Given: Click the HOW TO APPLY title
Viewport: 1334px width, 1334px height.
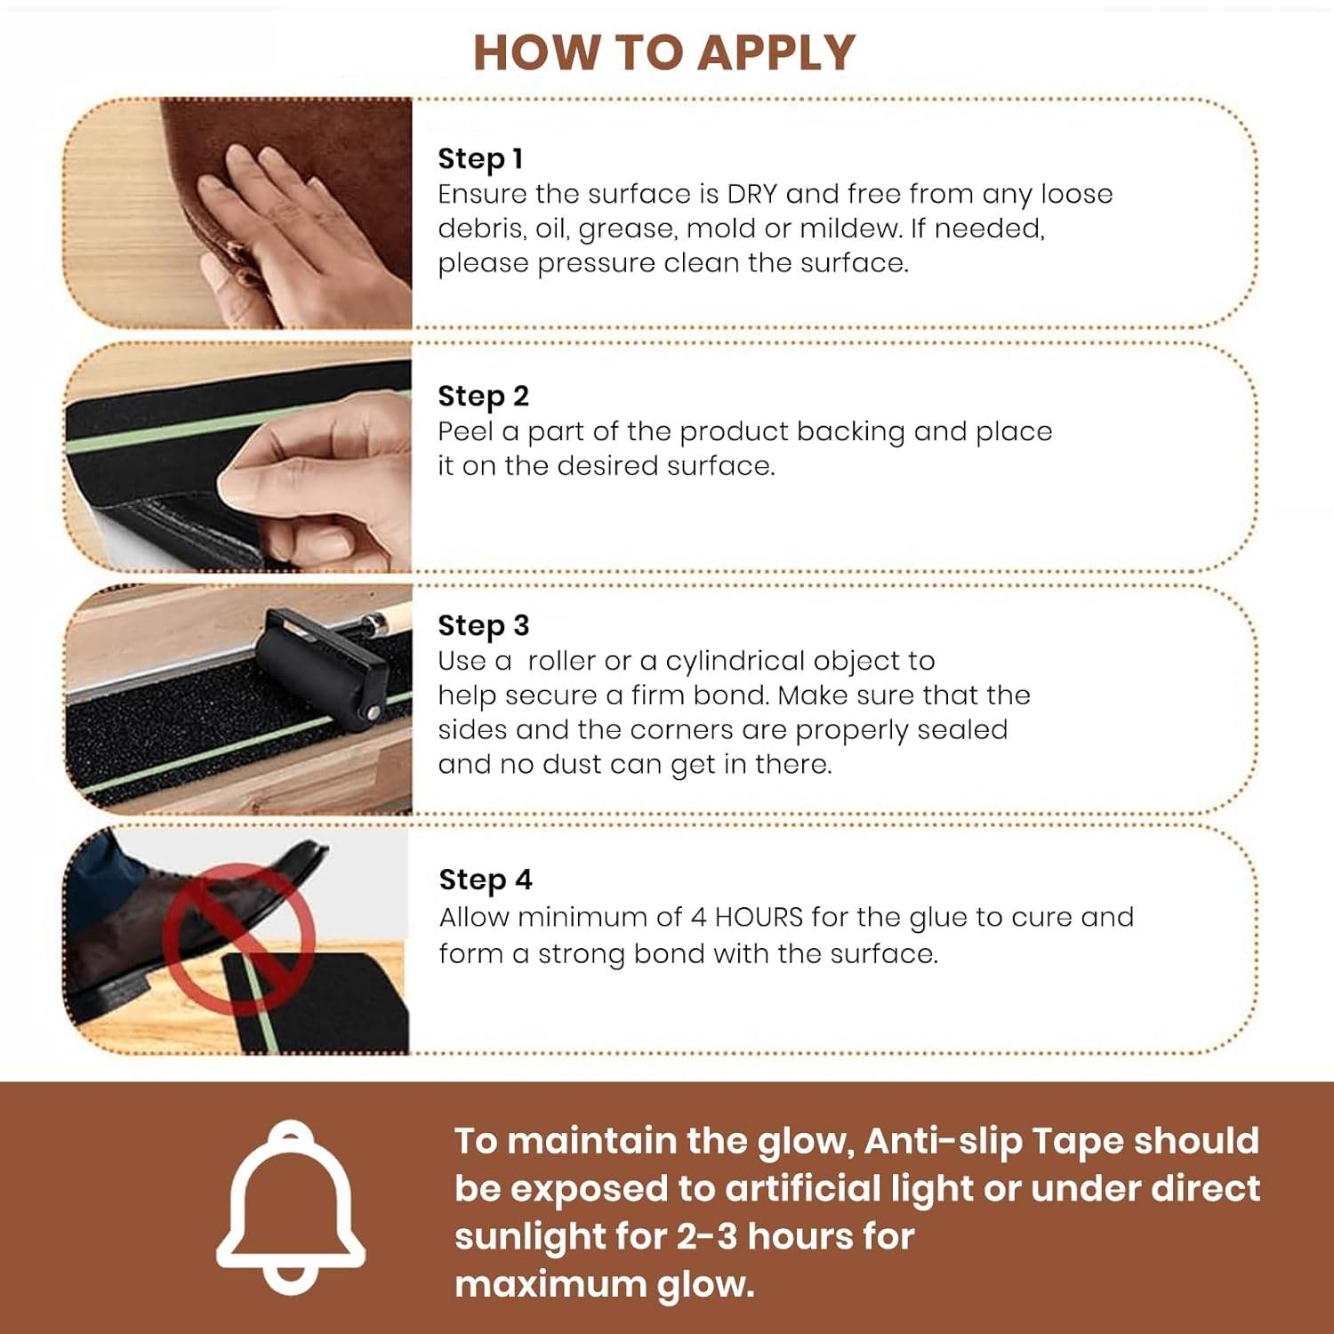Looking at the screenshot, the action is point(664,52).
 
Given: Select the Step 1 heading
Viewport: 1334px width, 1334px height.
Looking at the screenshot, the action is point(480,158).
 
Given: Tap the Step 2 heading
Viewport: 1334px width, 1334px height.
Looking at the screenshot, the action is point(483,396).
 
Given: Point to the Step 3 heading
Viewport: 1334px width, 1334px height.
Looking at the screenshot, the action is point(483,625).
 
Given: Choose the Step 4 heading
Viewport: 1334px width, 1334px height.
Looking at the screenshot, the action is point(486,880).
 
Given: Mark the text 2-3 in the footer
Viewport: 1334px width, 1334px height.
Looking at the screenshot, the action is point(707,1236).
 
